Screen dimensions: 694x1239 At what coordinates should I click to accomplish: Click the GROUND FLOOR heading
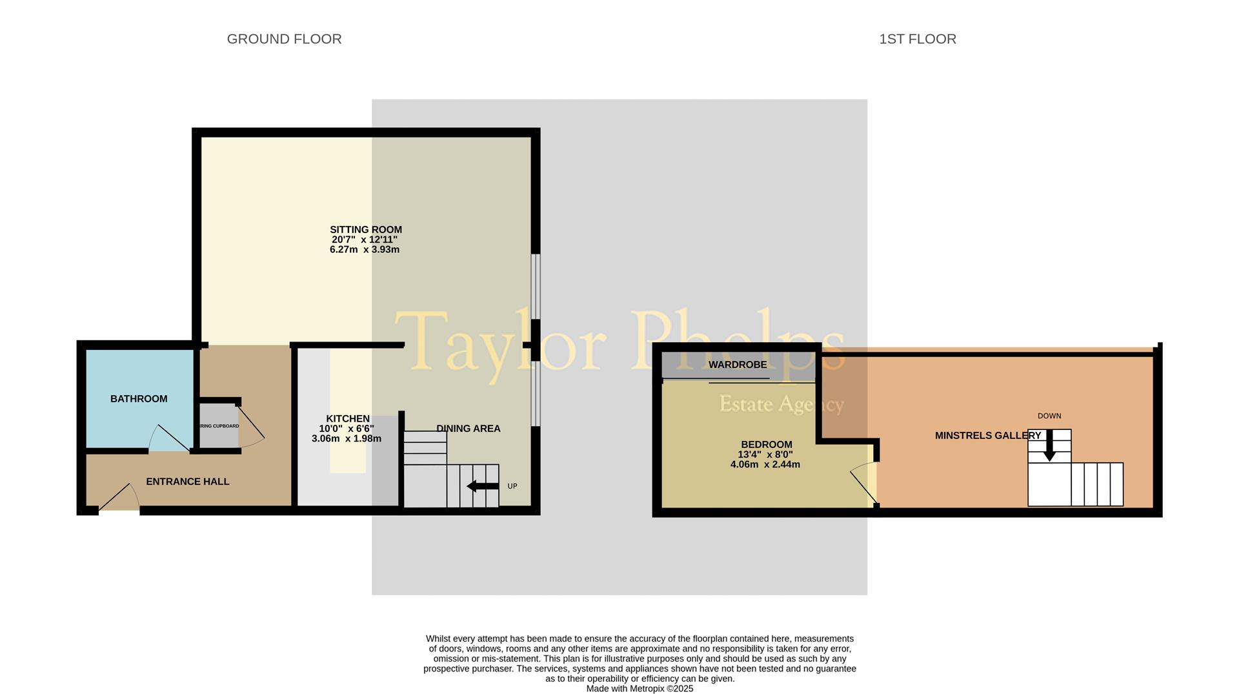coord(284,39)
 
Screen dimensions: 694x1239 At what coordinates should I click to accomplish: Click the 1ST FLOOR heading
coord(917,39)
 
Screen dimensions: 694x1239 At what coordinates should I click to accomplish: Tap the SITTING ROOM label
coord(365,230)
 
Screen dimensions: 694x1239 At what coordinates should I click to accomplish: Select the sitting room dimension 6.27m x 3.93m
coord(365,250)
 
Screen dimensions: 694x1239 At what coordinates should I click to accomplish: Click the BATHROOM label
coord(139,399)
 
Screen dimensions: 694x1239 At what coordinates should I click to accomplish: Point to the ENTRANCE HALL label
coord(187,482)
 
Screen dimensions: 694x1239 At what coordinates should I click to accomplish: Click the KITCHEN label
coord(348,419)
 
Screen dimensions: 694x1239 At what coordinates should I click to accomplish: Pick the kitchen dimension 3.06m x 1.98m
coord(347,439)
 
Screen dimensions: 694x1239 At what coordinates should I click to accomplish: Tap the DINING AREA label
coord(468,429)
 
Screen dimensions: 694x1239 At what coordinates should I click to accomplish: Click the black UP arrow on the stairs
coord(482,486)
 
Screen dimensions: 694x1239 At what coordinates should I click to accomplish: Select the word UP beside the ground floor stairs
coord(512,486)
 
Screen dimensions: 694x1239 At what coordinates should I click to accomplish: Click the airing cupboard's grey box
coord(219,426)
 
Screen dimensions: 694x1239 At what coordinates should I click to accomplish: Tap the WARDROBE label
coord(738,365)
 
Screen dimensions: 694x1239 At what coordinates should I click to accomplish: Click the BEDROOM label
coord(766,445)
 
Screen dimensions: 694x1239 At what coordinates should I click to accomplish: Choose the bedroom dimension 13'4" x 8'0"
coord(765,454)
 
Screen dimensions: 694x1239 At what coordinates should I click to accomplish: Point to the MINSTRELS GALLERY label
coord(987,436)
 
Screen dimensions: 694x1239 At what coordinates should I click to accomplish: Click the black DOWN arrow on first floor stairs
coord(1049,445)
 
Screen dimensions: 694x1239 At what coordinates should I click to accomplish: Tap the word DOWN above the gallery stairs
coord(1049,416)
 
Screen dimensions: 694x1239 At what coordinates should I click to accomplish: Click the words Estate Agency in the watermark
coord(781,404)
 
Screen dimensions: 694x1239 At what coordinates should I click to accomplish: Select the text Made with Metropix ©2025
coord(640,689)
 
